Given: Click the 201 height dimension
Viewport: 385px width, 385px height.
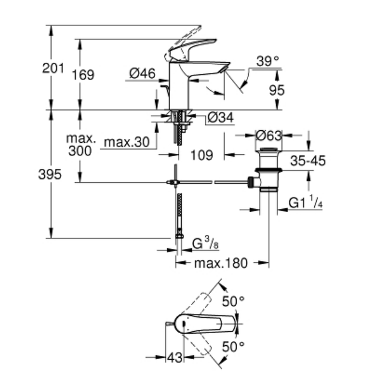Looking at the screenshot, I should click(x=53, y=69).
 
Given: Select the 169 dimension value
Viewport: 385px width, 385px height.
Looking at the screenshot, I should click(x=83, y=74).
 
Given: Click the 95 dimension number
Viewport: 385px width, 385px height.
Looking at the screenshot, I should click(x=276, y=90).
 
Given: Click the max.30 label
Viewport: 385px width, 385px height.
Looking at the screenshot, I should click(x=127, y=142).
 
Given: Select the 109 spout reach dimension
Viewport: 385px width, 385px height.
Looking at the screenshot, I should click(x=202, y=155).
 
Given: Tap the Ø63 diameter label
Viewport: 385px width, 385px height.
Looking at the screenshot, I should click(x=269, y=136).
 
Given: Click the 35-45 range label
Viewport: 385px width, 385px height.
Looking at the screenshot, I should click(x=308, y=161).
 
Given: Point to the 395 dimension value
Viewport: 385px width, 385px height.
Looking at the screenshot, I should click(x=50, y=174).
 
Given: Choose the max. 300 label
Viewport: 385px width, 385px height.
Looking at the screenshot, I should click(x=80, y=144).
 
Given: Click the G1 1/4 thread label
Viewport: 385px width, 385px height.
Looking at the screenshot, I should click(x=305, y=203).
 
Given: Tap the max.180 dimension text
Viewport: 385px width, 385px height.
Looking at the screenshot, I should click(x=220, y=263).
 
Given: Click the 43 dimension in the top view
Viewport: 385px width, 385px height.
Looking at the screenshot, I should click(x=174, y=358).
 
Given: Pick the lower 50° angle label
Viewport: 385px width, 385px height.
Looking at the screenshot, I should click(x=233, y=347).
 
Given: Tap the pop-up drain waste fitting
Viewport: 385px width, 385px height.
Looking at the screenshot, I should click(x=268, y=169).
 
